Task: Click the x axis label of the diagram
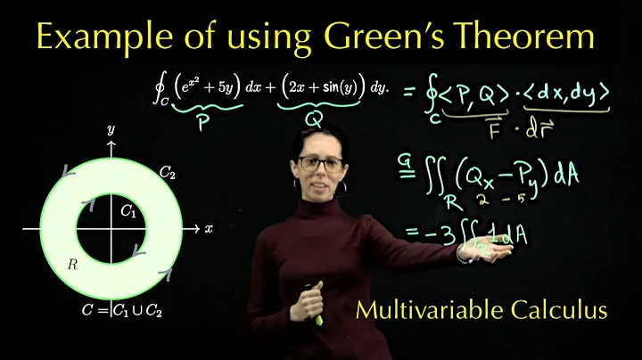click(x=208, y=228)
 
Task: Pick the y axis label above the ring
click(x=111, y=129)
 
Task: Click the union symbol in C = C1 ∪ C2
click(x=136, y=311)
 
